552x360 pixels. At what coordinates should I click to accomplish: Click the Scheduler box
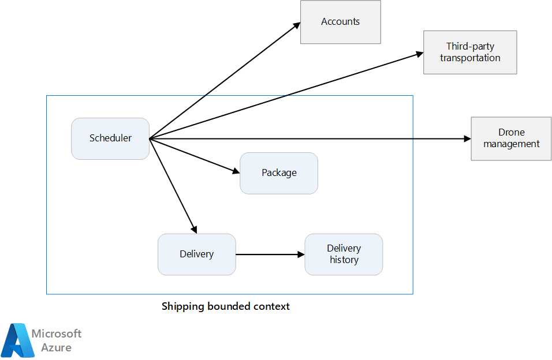tap(110, 138)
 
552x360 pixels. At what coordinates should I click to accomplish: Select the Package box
tap(279, 173)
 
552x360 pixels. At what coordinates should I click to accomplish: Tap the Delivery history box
tap(344, 254)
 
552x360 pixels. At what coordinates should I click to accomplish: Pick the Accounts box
tap(341, 22)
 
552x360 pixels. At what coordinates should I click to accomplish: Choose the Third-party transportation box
tap(470, 52)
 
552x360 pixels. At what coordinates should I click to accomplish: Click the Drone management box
tap(511, 138)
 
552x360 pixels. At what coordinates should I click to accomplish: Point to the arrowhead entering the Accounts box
tap(297, 26)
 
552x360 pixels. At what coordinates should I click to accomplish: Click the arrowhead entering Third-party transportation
tap(420, 54)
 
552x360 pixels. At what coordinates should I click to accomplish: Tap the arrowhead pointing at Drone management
tap(468, 138)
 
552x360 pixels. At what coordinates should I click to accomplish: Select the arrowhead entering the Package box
tap(236, 171)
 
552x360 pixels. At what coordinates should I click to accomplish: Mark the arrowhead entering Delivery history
tap(301, 254)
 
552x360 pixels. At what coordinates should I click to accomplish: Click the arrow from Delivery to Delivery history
tap(270, 254)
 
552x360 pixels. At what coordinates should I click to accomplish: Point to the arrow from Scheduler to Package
tap(195, 156)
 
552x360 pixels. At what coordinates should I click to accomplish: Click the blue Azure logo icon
tap(17, 340)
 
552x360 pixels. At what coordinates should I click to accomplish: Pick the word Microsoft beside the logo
tap(57, 333)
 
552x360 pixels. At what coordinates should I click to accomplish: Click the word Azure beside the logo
tap(57, 347)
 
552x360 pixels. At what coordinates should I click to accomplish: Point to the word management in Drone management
tap(511, 144)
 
